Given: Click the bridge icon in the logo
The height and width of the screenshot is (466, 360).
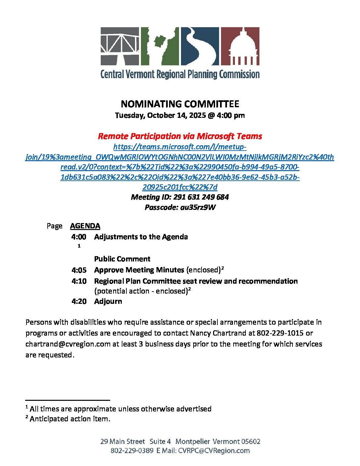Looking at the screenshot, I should (120, 46).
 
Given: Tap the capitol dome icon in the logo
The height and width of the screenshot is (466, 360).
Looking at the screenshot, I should (240, 46).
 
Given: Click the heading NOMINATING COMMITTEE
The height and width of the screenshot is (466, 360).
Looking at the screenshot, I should (180, 104).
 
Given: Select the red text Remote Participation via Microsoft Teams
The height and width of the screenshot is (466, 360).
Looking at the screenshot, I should (180, 136).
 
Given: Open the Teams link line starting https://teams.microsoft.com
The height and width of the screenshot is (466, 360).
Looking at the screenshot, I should (180, 147).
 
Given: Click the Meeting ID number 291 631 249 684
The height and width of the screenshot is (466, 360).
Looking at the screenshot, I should (201, 197).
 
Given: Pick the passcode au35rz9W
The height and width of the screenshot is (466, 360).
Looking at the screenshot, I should (198, 208).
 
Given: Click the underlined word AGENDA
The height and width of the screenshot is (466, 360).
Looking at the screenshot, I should (85, 226).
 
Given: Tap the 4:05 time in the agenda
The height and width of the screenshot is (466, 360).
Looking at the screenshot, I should (79, 270).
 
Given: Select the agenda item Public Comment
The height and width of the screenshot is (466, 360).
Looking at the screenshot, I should (122, 259).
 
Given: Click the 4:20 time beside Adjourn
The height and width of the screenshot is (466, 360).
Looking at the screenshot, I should (79, 302).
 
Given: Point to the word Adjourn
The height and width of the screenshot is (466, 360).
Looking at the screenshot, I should (108, 302).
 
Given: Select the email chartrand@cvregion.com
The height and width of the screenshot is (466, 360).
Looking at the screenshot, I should (68, 344).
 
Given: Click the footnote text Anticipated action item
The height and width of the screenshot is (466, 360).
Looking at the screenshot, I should (70, 419).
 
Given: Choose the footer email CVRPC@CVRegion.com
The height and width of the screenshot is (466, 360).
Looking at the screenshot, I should (214, 450).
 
